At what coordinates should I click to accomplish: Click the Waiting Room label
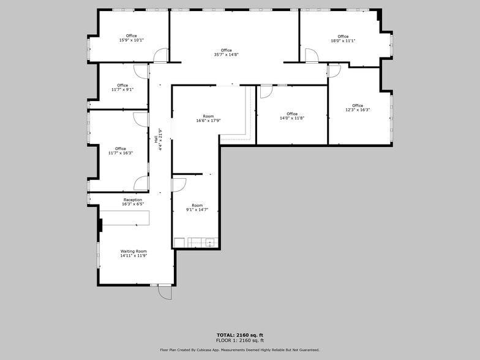133,251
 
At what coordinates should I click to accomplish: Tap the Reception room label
133,200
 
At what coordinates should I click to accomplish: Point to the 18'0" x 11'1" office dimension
343,41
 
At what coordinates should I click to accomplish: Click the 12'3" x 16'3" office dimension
358,110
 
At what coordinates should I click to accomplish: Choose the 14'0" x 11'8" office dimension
292,118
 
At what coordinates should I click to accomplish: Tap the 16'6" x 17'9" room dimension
208,121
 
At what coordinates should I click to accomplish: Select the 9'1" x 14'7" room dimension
197,210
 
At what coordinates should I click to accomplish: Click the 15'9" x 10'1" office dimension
131,40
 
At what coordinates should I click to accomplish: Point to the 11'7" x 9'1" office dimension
122,89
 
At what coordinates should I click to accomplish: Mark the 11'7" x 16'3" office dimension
121,153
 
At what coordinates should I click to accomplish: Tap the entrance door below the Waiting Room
165,292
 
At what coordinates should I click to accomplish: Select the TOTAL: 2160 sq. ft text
239,335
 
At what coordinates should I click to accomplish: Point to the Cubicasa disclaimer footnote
239,350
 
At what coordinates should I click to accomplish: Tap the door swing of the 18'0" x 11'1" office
312,56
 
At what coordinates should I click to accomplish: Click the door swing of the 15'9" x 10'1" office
160,56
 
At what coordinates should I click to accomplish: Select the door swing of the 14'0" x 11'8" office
266,92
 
